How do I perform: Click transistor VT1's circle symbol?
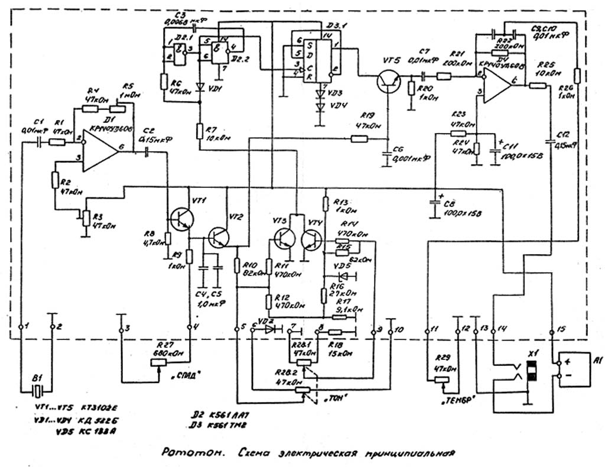point(181,218)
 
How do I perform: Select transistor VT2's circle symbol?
point(220,236)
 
